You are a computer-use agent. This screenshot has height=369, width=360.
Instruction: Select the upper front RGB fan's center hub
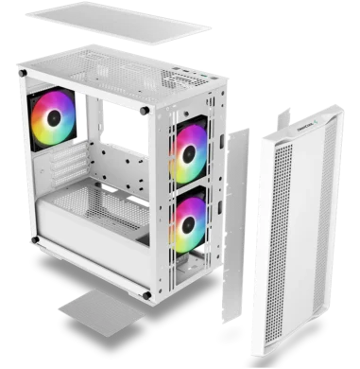192,154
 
